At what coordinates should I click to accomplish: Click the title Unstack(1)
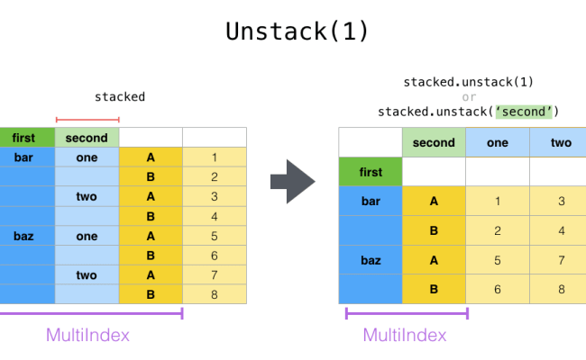297,31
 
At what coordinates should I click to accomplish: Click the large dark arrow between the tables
293,183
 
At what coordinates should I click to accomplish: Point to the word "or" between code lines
469,97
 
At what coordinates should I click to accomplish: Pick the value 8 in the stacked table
215,294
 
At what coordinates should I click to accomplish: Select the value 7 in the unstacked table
561,259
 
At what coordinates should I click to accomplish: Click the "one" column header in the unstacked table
497,142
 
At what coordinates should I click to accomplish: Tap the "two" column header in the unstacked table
561,142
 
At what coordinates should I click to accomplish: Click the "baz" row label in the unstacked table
371,259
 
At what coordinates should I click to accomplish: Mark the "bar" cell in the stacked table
23,157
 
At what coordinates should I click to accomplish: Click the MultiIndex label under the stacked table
87,335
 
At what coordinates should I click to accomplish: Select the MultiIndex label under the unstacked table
405,335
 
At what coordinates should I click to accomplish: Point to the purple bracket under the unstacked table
406,314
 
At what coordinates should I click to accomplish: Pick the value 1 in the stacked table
215,157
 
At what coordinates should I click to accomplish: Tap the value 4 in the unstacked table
561,230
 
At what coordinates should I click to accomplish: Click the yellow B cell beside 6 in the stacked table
151,256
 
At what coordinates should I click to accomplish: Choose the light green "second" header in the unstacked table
434,142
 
